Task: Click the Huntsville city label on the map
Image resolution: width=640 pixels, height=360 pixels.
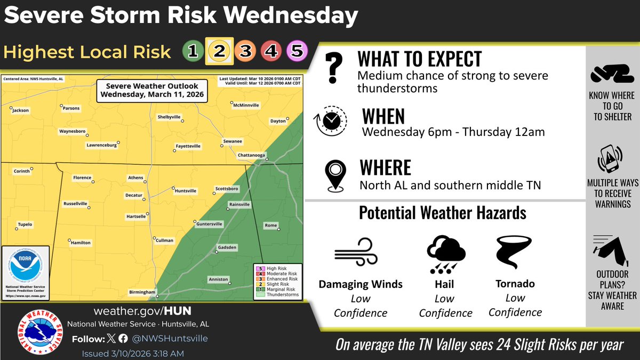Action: (x=186, y=190)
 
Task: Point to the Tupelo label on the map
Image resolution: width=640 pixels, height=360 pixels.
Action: (x=25, y=225)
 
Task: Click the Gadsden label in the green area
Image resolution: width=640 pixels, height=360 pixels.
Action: (x=227, y=247)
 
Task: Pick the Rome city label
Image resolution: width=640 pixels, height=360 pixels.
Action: (x=271, y=226)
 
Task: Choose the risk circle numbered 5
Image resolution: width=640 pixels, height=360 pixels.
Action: (x=297, y=51)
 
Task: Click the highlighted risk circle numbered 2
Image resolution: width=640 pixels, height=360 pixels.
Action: (x=219, y=51)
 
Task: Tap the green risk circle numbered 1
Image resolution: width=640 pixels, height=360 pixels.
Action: (x=193, y=51)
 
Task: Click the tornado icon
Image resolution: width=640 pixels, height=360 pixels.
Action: (x=514, y=254)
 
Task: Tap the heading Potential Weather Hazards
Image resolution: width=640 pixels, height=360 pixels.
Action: (x=443, y=213)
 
